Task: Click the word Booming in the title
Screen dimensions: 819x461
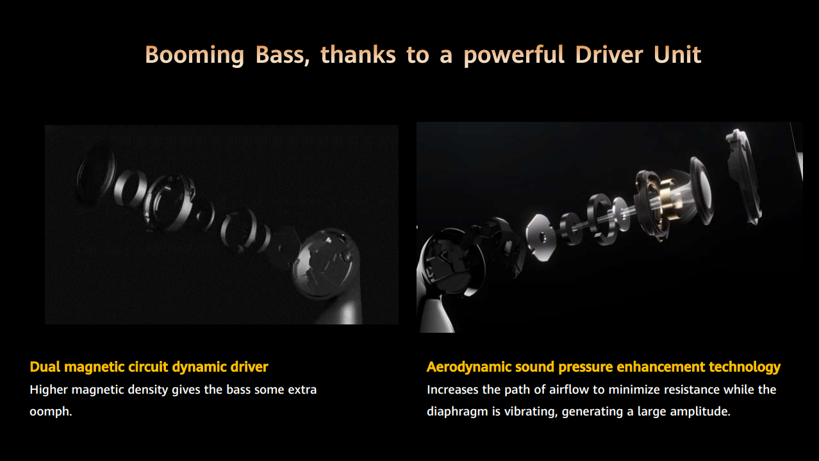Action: [x=195, y=55]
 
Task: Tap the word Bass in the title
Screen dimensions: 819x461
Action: [x=282, y=55]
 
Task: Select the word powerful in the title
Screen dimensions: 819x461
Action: [x=514, y=55]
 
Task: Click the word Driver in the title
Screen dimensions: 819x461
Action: [x=609, y=55]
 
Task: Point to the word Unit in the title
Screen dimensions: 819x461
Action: [x=677, y=55]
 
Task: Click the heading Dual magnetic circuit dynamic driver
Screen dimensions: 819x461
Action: [x=149, y=367]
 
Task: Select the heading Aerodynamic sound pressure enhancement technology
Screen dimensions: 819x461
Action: [x=603, y=367]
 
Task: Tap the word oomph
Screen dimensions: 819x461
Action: [x=51, y=412]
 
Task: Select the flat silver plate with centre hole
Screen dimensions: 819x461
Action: [x=540, y=238]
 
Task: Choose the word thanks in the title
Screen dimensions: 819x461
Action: [x=358, y=55]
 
